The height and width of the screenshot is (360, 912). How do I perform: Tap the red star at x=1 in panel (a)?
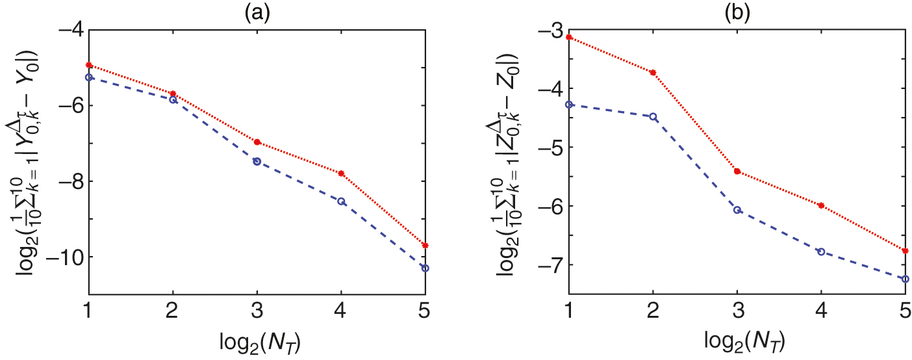pyautogui.click(x=89, y=65)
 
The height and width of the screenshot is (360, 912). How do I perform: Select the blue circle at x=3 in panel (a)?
pyautogui.click(x=257, y=161)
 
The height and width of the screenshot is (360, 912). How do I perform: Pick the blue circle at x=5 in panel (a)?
pyautogui.click(x=425, y=268)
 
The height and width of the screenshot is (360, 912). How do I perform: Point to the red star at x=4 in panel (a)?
pyautogui.click(x=341, y=174)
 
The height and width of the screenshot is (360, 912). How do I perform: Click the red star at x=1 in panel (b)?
pyautogui.click(x=569, y=37)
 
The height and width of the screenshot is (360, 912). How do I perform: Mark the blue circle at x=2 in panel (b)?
pyautogui.click(x=653, y=117)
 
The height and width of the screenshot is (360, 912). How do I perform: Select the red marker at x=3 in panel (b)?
pyautogui.click(x=737, y=171)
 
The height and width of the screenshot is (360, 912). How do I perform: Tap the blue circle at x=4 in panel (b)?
pyautogui.click(x=821, y=251)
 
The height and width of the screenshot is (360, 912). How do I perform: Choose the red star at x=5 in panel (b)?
pyautogui.click(x=905, y=250)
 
